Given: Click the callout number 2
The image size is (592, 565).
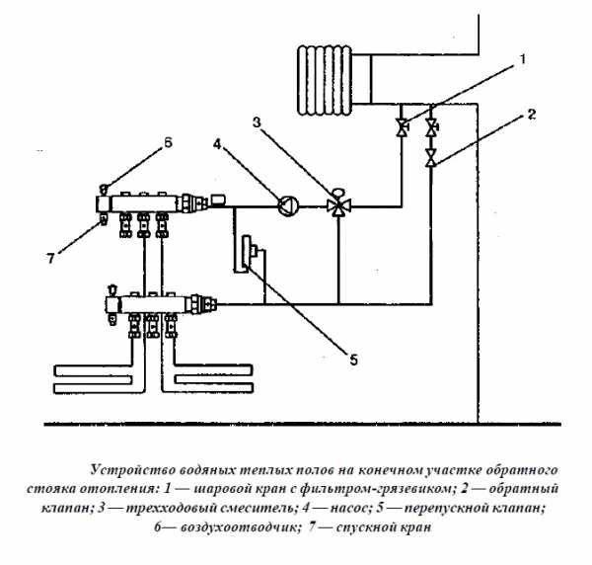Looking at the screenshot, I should [531, 115].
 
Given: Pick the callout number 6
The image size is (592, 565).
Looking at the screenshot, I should [167, 142].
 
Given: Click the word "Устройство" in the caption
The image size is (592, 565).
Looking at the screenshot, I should [125, 467].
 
